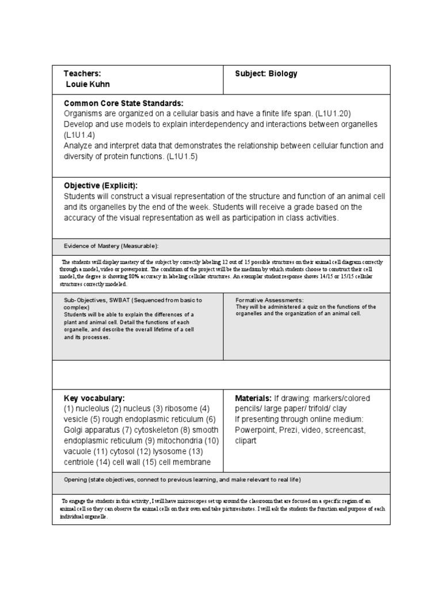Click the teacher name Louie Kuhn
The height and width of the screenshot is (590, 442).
(88, 84)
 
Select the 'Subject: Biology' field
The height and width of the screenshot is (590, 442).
(266, 74)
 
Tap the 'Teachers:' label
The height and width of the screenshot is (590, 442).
(82, 74)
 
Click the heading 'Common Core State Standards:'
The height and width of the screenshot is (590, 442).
(123, 103)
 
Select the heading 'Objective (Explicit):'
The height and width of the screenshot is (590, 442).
(101, 186)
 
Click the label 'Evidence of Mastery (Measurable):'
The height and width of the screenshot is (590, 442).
(110, 246)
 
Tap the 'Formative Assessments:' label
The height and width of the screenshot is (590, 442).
(269, 300)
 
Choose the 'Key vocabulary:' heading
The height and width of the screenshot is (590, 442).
(94, 398)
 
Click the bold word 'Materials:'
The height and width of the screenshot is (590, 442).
(253, 398)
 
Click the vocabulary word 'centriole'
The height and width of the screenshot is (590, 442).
(81, 462)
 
